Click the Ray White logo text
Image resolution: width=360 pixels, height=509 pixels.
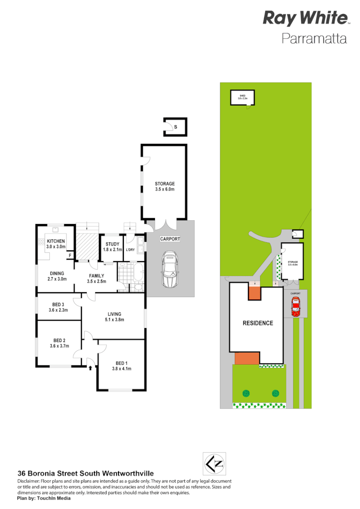pyautogui.click(x=305, y=18)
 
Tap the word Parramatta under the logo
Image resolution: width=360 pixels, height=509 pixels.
pyautogui.click(x=314, y=38)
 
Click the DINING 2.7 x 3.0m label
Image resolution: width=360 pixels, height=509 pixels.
pyautogui.click(x=57, y=275)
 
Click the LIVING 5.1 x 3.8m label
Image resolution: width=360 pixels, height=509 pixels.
pyautogui.click(x=113, y=317)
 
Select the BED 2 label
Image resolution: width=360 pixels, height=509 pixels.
pyautogui.click(x=59, y=343)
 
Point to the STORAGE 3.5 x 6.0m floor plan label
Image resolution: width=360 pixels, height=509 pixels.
pyautogui.click(x=165, y=186)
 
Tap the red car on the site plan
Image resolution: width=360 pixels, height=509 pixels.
pyautogui.click(x=296, y=307)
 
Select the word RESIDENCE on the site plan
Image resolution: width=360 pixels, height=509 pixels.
pyautogui.click(x=257, y=323)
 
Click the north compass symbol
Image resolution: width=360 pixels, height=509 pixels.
pyautogui.click(x=214, y=464)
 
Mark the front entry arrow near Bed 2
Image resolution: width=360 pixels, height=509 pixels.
pyautogui.click(x=91, y=368)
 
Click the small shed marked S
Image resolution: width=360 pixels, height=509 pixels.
pyautogui.click(x=175, y=127)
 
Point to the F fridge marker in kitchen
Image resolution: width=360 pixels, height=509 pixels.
pyautogui.click(x=70, y=256)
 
